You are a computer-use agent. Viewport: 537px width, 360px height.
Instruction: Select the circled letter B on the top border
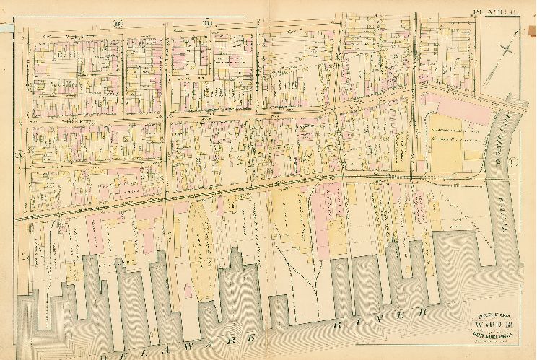118,24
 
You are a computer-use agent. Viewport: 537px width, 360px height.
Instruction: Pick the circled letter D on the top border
207,24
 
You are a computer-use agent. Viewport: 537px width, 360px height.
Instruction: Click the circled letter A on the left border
21,156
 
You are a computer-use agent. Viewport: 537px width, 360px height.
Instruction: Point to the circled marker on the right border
512,161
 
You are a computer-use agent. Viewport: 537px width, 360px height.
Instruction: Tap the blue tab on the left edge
6,27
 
